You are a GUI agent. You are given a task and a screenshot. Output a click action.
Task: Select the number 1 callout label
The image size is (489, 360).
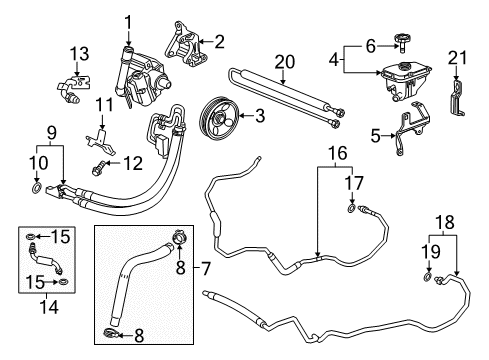click(x=128, y=20)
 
